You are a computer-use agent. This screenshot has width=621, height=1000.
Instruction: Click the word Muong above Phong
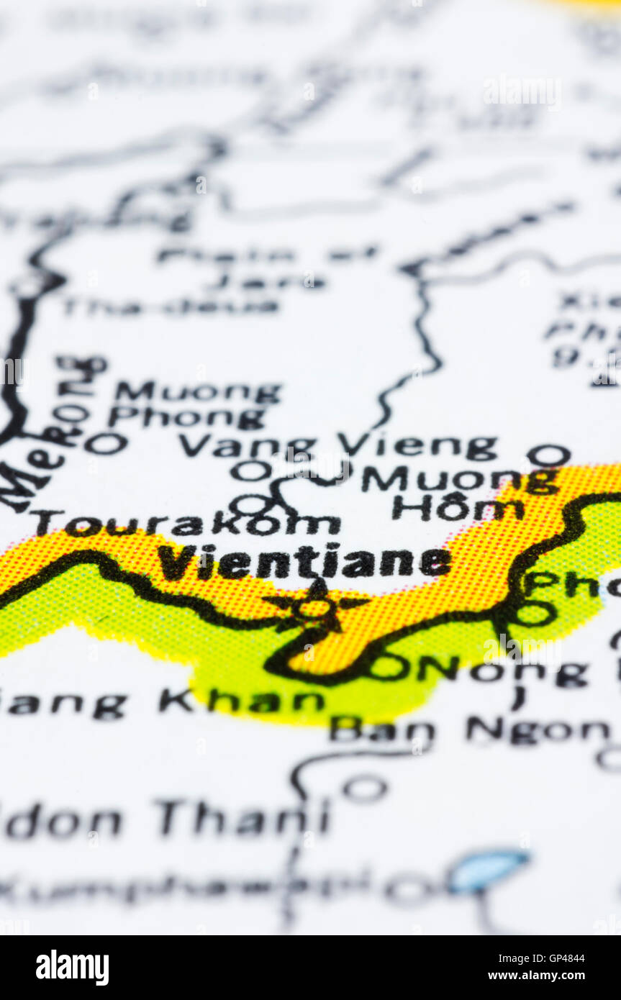pos(198,392)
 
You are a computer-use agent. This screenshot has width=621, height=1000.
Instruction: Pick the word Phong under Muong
pos(186,417)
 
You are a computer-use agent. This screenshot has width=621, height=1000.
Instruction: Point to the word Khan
pos(242,701)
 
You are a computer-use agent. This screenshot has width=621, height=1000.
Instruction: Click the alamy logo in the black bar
pos(73,968)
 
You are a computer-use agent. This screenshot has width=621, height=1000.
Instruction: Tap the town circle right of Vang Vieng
pos(548,455)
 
